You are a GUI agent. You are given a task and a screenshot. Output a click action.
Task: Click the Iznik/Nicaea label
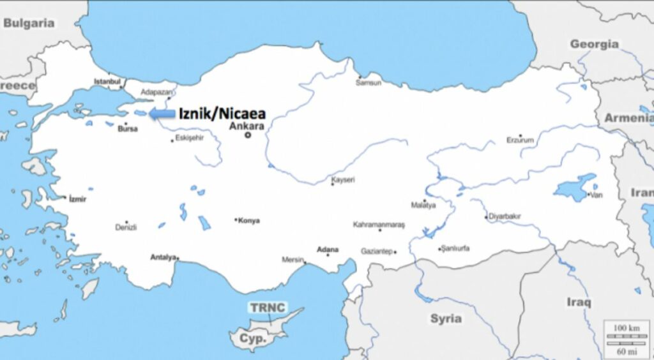point(222,114)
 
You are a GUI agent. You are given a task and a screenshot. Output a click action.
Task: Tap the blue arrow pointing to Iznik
point(162,114)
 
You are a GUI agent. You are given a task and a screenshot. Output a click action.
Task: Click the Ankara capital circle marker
point(248,135)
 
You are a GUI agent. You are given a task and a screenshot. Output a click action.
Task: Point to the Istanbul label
point(107,81)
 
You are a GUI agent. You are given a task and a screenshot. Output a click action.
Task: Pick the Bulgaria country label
point(29,23)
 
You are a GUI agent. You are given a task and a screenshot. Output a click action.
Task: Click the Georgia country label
point(594,44)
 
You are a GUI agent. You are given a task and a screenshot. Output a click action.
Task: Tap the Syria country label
point(445,318)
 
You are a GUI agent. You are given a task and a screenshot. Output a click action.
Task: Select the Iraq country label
point(578,302)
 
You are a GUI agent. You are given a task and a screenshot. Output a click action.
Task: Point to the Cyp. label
point(252,339)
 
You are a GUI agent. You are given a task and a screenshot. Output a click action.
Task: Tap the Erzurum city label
point(519,140)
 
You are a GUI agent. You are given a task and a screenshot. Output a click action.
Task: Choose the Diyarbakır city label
point(505,216)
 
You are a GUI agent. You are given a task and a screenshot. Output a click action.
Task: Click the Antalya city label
point(163,257)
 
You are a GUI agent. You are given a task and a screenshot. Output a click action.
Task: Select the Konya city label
point(248,221)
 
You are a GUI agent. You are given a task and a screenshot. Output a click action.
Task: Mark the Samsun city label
point(369,82)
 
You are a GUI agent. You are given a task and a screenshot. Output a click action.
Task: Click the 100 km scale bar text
point(626,327)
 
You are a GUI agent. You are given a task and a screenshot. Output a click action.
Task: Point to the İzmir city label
point(77,199)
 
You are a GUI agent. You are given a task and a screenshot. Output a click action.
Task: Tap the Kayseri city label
point(343,180)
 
